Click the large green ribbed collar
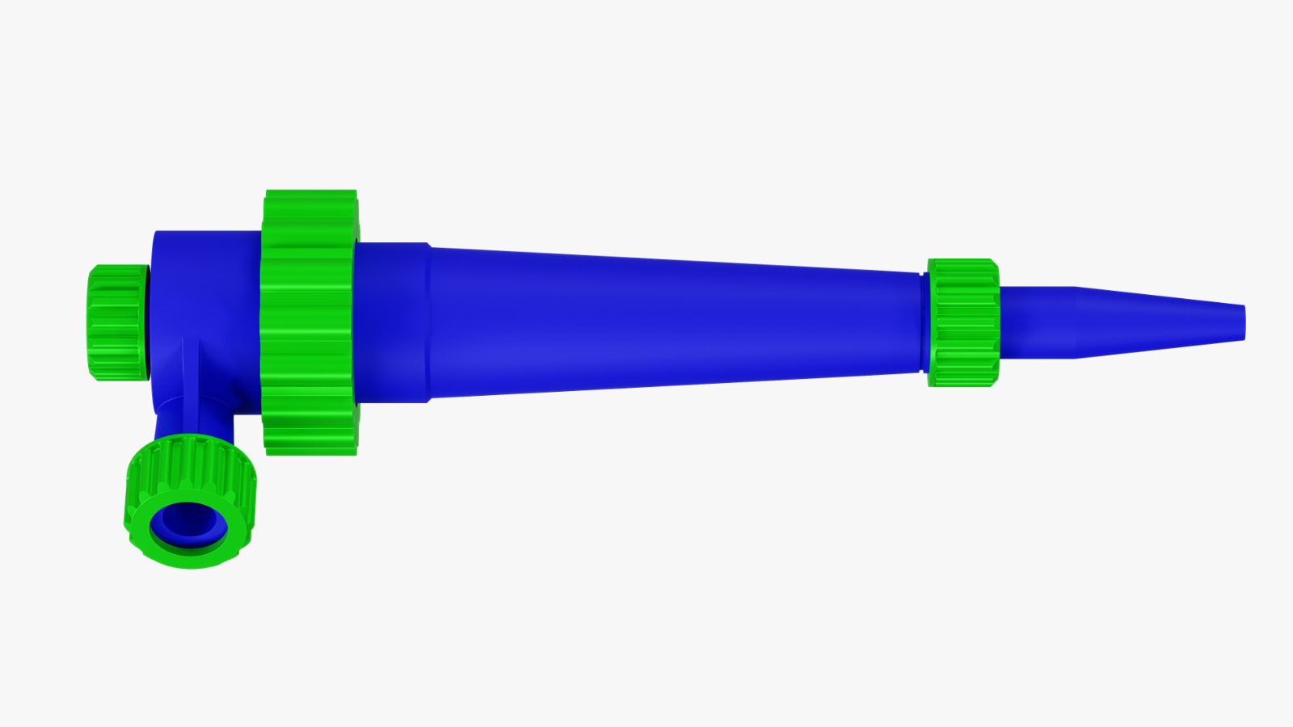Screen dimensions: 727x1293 point(310,323)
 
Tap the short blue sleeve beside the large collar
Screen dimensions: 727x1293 point(392,323)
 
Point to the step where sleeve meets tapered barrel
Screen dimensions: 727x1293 point(429,323)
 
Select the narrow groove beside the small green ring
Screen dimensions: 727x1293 point(923,323)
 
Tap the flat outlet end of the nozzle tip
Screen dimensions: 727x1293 point(1245,321)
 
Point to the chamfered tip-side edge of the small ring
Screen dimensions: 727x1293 point(996,323)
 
